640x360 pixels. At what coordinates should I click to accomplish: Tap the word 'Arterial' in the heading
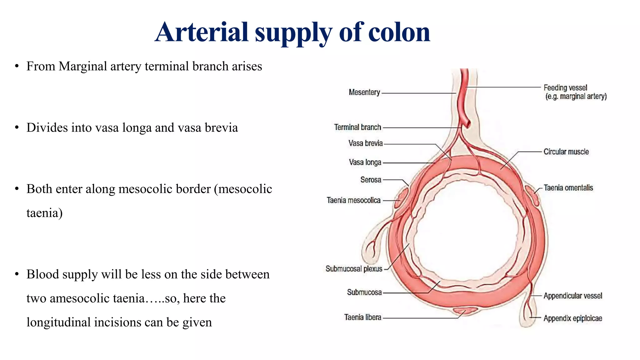click(x=202, y=32)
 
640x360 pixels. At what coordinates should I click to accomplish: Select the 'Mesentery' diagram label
click(x=364, y=92)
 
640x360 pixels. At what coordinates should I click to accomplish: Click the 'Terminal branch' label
click(x=357, y=127)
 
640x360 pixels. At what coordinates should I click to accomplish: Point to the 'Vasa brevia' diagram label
click(x=366, y=143)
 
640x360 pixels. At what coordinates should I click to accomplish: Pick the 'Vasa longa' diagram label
click(x=365, y=162)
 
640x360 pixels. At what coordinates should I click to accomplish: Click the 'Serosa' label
click(x=371, y=180)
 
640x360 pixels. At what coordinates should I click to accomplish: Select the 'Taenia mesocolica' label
click(x=353, y=200)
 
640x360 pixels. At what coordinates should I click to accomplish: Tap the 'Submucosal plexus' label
click(x=354, y=269)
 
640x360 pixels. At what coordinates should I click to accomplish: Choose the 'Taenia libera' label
click(x=362, y=317)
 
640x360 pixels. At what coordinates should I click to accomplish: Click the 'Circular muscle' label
click(x=566, y=152)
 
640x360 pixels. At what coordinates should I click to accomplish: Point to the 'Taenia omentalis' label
click(x=568, y=188)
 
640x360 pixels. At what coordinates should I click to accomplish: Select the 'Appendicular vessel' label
click(x=572, y=296)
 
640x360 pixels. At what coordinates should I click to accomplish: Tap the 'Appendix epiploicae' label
click(x=572, y=318)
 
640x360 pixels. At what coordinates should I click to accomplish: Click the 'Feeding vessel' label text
click(x=565, y=88)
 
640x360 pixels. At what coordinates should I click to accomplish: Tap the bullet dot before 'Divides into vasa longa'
click(x=17, y=127)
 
